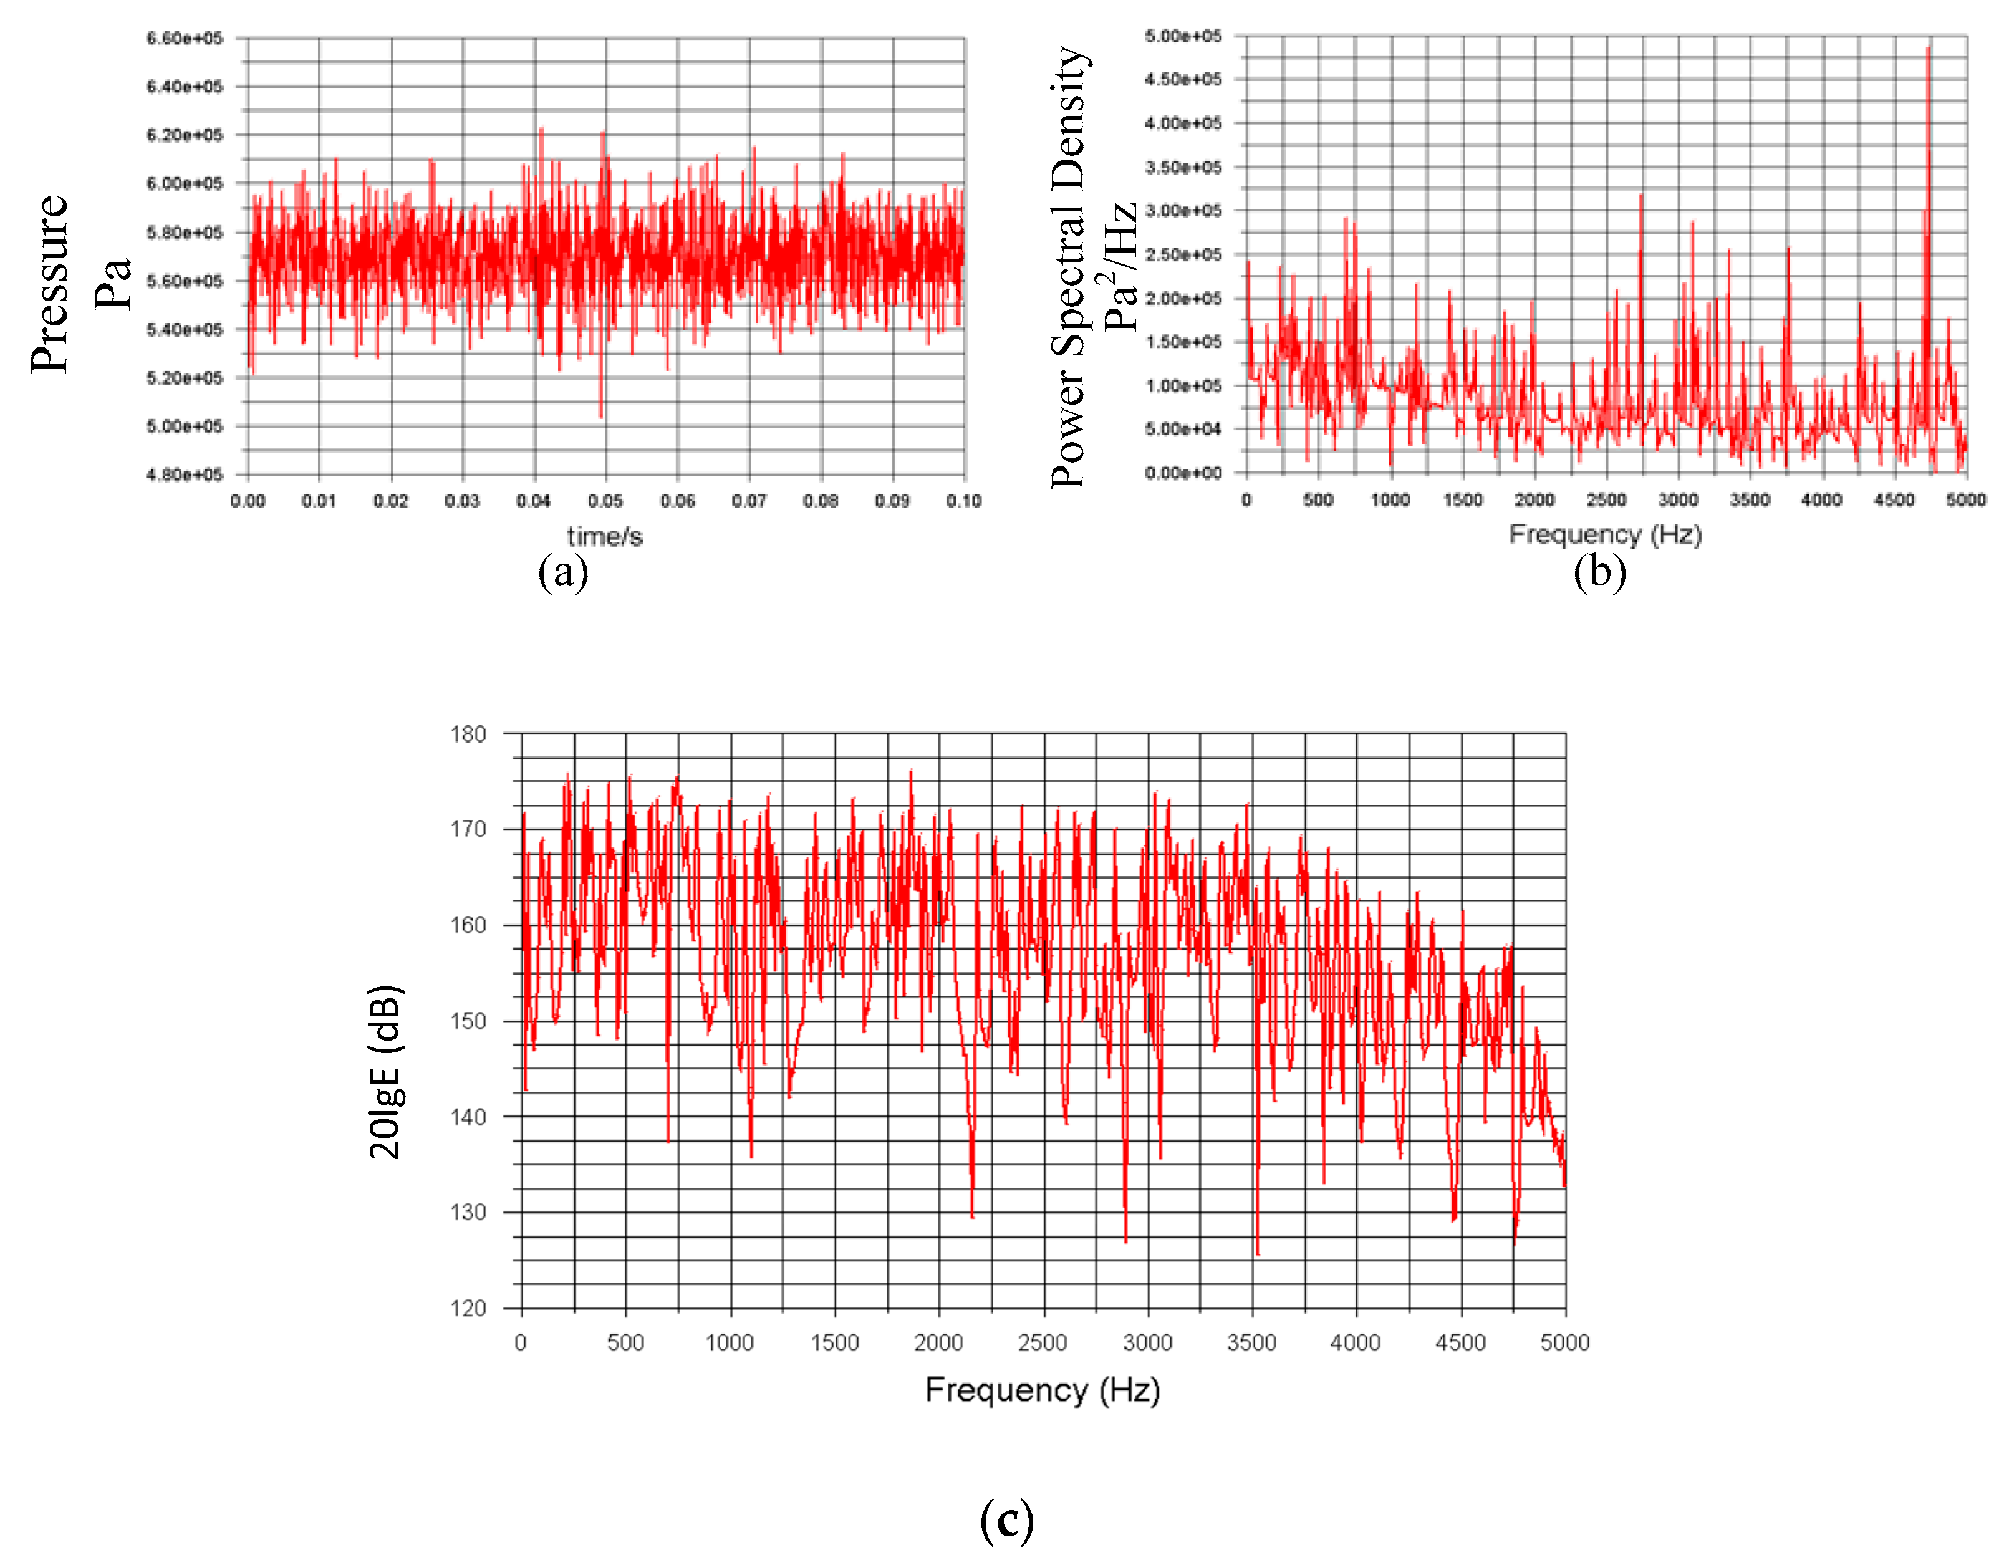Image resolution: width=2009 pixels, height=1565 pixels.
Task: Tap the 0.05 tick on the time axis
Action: pyautogui.click(x=605, y=501)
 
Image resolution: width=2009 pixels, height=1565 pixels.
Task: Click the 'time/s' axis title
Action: pyautogui.click(x=604, y=536)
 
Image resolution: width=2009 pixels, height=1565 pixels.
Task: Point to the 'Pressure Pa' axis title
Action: pyautogui.click(x=81, y=283)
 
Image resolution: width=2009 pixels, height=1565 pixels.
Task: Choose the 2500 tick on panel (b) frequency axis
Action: pyautogui.click(x=1606, y=499)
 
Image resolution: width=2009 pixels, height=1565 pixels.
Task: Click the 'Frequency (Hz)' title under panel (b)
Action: pyautogui.click(x=1605, y=534)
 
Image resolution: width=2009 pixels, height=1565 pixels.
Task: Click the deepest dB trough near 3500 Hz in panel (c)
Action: pyautogui.click(x=1258, y=1253)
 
